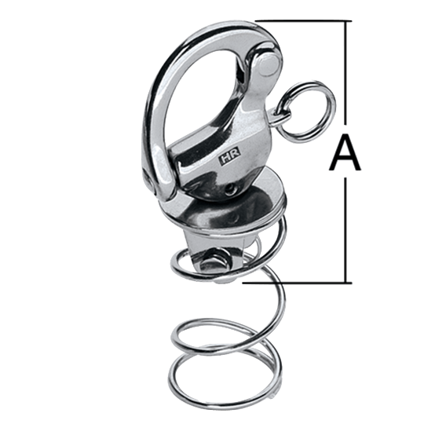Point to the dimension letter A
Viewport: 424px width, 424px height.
point(345,153)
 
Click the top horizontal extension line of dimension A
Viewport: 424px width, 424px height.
point(303,20)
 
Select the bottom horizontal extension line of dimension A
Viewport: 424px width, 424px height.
point(297,283)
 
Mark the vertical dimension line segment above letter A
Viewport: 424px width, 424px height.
point(345,72)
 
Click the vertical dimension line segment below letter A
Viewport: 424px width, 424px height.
point(345,230)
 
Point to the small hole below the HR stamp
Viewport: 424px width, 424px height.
point(230,189)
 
